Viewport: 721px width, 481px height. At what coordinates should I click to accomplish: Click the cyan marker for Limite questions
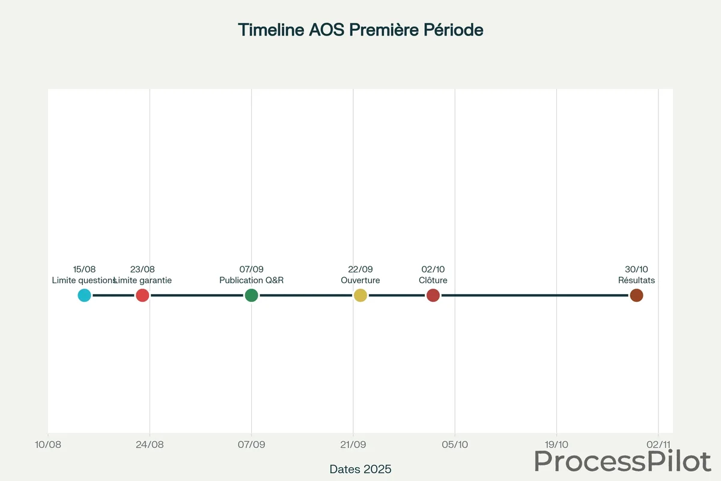[84, 295]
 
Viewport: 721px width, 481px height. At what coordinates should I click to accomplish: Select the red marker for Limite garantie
[142, 295]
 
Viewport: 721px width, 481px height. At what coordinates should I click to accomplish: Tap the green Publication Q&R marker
[251, 295]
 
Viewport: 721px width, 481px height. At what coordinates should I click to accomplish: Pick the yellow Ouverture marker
[360, 295]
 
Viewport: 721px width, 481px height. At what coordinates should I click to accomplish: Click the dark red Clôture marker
[433, 295]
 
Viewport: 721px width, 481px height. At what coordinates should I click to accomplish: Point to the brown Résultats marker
[636, 295]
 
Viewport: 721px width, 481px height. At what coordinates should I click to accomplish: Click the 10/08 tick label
[48, 445]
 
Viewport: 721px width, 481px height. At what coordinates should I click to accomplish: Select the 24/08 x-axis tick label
[150, 445]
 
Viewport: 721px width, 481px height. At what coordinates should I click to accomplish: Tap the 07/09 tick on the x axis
[251, 445]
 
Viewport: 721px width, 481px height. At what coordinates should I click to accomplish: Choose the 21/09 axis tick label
[353, 445]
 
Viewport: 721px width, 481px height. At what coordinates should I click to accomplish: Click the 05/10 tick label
[455, 445]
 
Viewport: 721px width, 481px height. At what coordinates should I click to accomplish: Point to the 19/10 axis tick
[556, 445]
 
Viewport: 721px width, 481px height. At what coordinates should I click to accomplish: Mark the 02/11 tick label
[658, 445]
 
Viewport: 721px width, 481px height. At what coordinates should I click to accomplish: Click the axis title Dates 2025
[360, 468]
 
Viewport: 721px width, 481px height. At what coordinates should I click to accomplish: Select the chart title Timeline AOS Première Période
[360, 29]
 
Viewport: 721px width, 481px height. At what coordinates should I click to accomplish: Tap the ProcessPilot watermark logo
[622, 461]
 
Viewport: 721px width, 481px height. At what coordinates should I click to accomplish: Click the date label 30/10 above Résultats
[636, 269]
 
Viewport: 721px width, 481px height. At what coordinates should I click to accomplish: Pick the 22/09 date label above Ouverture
[360, 269]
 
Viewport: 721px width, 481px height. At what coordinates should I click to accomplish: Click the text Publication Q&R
[251, 280]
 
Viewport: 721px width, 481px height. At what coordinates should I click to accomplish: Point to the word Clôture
[433, 280]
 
